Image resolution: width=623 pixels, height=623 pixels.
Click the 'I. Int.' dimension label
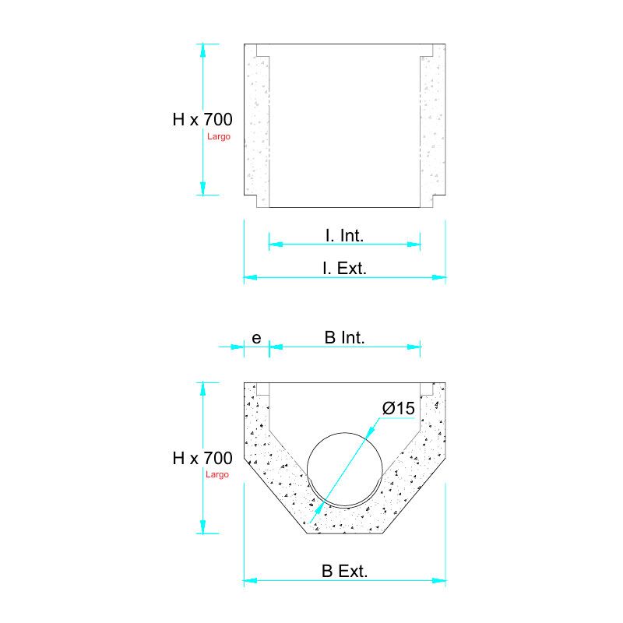click(x=344, y=234)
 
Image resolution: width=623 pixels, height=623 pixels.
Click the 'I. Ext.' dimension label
click(x=344, y=268)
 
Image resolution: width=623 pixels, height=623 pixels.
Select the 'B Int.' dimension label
click(x=344, y=337)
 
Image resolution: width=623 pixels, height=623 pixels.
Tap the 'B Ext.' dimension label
click(x=344, y=571)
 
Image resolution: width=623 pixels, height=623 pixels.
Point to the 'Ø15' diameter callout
click(x=397, y=408)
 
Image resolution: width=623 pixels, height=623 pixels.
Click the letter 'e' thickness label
click(x=256, y=337)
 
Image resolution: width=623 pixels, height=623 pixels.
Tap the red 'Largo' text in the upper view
click(x=219, y=136)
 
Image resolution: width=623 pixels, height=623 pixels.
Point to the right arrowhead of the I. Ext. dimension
click(x=441, y=276)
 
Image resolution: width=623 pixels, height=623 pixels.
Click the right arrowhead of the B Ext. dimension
click(x=441, y=580)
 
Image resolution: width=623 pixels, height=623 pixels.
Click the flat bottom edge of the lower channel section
click(x=345, y=534)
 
